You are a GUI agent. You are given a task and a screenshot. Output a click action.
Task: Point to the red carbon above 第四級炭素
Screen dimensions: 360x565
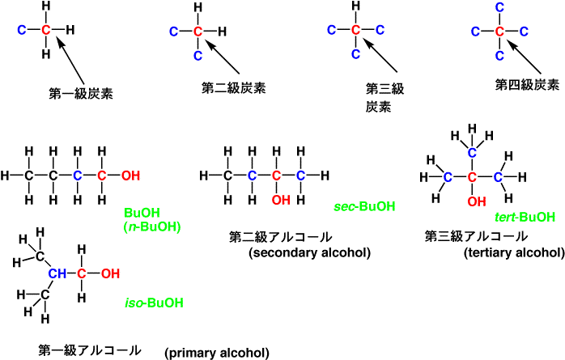[500, 32]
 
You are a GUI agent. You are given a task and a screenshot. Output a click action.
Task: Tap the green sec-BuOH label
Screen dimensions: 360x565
[364, 207]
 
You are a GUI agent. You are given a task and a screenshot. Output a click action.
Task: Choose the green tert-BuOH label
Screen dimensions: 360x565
[525, 216]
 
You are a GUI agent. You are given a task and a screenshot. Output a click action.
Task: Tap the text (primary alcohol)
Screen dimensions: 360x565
[216, 352]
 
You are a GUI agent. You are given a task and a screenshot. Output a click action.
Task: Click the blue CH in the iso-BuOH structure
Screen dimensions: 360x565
[57, 273]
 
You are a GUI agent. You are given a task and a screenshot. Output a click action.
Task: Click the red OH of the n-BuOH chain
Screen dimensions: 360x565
[130, 176]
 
